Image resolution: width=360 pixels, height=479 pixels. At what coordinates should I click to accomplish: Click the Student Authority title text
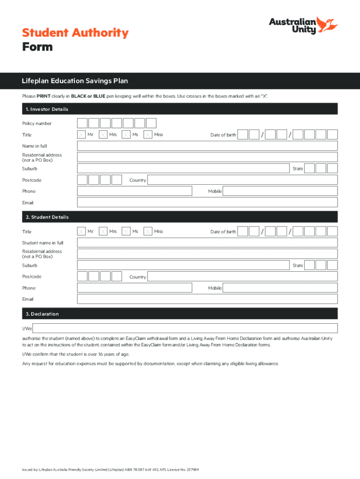point(75,33)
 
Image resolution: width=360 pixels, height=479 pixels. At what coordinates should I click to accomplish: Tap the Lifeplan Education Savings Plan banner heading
point(75,81)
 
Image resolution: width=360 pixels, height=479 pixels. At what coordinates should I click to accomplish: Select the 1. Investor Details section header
point(45,109)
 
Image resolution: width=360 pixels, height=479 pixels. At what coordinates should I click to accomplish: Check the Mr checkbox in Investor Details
point(82,135)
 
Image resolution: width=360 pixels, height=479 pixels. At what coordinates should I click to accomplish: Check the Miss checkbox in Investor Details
point(148,135)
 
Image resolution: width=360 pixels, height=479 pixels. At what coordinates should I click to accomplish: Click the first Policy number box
point(82,123)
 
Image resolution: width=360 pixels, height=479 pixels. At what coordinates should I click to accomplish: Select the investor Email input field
point(207,203)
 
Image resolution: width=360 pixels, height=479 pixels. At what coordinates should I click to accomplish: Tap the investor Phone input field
point(135,191)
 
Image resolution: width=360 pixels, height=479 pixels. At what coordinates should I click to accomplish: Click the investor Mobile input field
point(280,191)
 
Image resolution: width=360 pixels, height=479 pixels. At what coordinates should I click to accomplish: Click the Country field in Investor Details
point(242,180)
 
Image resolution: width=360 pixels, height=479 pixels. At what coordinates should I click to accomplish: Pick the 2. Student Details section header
point(45,217)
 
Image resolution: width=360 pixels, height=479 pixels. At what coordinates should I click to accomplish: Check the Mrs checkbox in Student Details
point(104,232)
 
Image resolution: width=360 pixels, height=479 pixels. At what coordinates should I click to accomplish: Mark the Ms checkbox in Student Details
point(126,232)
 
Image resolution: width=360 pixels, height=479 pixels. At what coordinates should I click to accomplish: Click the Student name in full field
point(207,243)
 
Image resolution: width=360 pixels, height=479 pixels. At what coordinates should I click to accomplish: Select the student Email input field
point(207,299)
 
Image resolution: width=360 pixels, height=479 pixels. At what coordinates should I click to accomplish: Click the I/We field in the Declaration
point(185,328)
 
